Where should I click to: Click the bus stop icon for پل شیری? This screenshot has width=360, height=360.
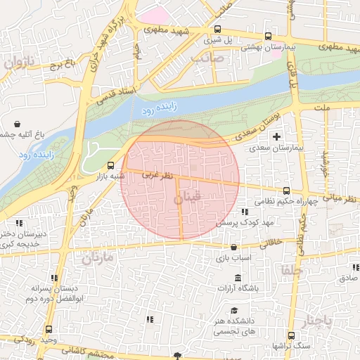(217, 30)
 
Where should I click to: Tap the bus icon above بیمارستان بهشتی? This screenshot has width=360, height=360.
(268, 36)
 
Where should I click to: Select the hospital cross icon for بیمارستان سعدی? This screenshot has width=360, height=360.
(276, 136)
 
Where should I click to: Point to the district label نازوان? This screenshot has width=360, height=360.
(19, 63)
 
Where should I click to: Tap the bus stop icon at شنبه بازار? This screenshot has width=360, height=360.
(110, 165)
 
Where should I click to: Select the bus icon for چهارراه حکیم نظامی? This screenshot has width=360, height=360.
(286, 191)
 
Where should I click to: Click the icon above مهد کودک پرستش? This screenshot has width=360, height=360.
(245, 211)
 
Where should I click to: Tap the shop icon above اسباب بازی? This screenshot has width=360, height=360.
(234, 247)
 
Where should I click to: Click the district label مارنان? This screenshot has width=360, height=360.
(96, 258)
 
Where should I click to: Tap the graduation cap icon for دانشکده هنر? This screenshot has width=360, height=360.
(233, 311)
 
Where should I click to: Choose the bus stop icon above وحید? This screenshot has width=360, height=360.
(49, 329)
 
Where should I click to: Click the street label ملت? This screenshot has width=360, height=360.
(322, 109)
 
